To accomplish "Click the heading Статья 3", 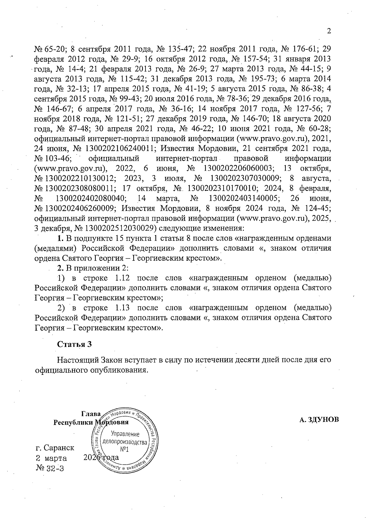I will [x=74, y=344].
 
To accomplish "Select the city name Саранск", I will [x=59, y=448].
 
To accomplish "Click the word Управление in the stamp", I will [x=125, y=434].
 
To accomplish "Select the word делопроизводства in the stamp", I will [x=125, y=442].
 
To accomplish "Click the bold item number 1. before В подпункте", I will [x=60, y=238].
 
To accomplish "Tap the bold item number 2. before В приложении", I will [x=60, y=268].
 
